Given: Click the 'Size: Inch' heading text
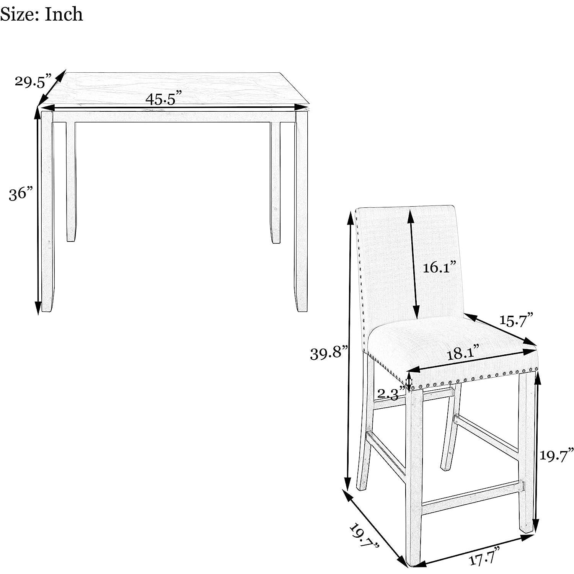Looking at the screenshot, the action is click(x=41, y=15).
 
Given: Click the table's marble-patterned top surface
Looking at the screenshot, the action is click(x=174, y=89).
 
